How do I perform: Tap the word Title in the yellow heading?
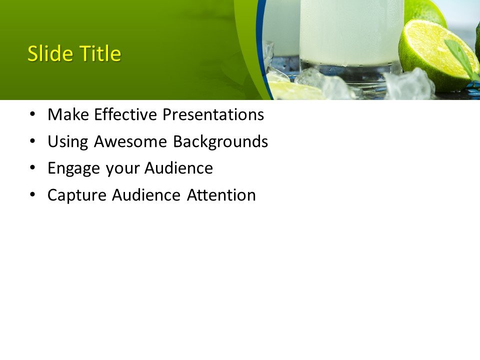point(98,54)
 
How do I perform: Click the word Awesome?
point(131,142)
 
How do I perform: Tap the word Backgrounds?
point(220,142)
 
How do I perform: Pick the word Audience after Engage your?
point(178,168)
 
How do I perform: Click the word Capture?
point(77,195)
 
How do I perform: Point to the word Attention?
point(221,195)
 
